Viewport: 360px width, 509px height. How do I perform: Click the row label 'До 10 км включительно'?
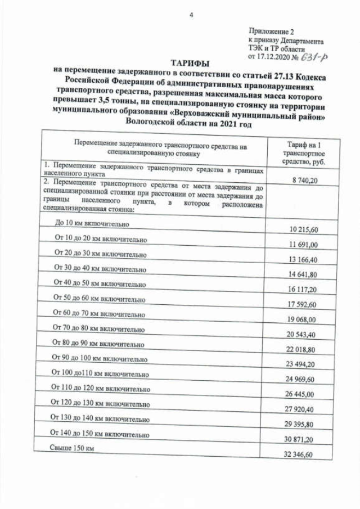click(x=93, y=223)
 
